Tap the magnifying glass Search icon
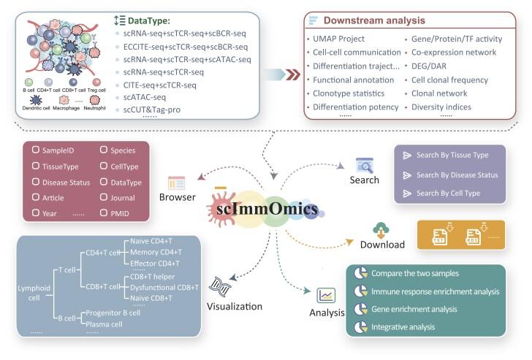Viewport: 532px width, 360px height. [x=364, y=165]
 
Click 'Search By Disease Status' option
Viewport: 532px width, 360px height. [x=457, y=175]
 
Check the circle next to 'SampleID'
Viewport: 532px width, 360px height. [x=35, y=150]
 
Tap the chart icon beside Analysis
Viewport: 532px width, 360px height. [x=327, y=296]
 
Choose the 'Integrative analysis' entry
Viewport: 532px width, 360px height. [x=403, y=327]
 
